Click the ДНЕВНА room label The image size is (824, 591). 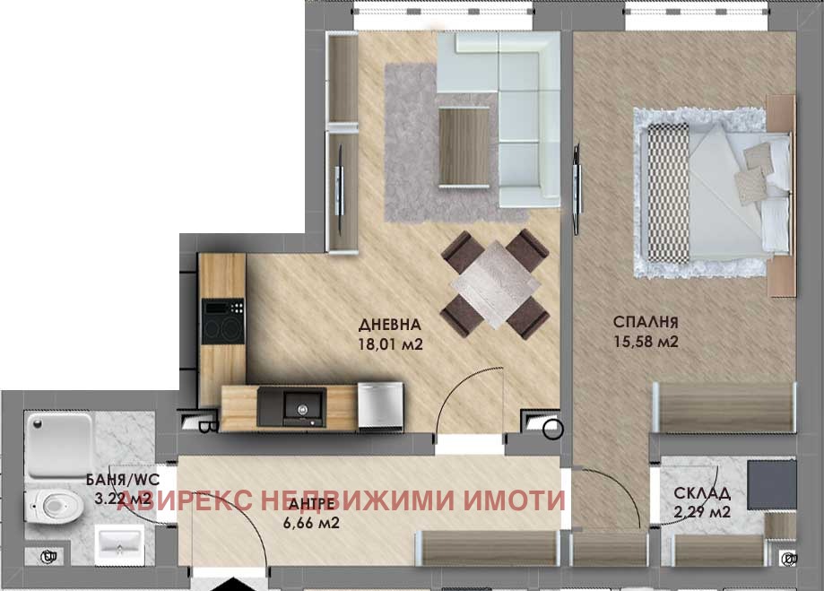tap(390, 325)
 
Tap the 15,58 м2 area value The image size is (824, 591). tap(646, 342)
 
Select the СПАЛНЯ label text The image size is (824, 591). tap(646, 322)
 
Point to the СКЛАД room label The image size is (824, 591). tap(702, 493)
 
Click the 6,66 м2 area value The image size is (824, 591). tap(311, 523)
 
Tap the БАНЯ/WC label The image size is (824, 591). tap(123, 480)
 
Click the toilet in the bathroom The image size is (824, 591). tap(54, 506)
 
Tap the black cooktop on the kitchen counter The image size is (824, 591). tap(223, 321)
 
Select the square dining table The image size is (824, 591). tap(496, 284)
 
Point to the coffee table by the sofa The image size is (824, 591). tap(464, 146)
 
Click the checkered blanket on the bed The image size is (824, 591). tap(668, 193)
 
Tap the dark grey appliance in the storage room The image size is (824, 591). tap(771, 485)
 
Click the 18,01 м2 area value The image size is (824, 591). tap(390, 344)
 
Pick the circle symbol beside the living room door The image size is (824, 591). tap(552, 429)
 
